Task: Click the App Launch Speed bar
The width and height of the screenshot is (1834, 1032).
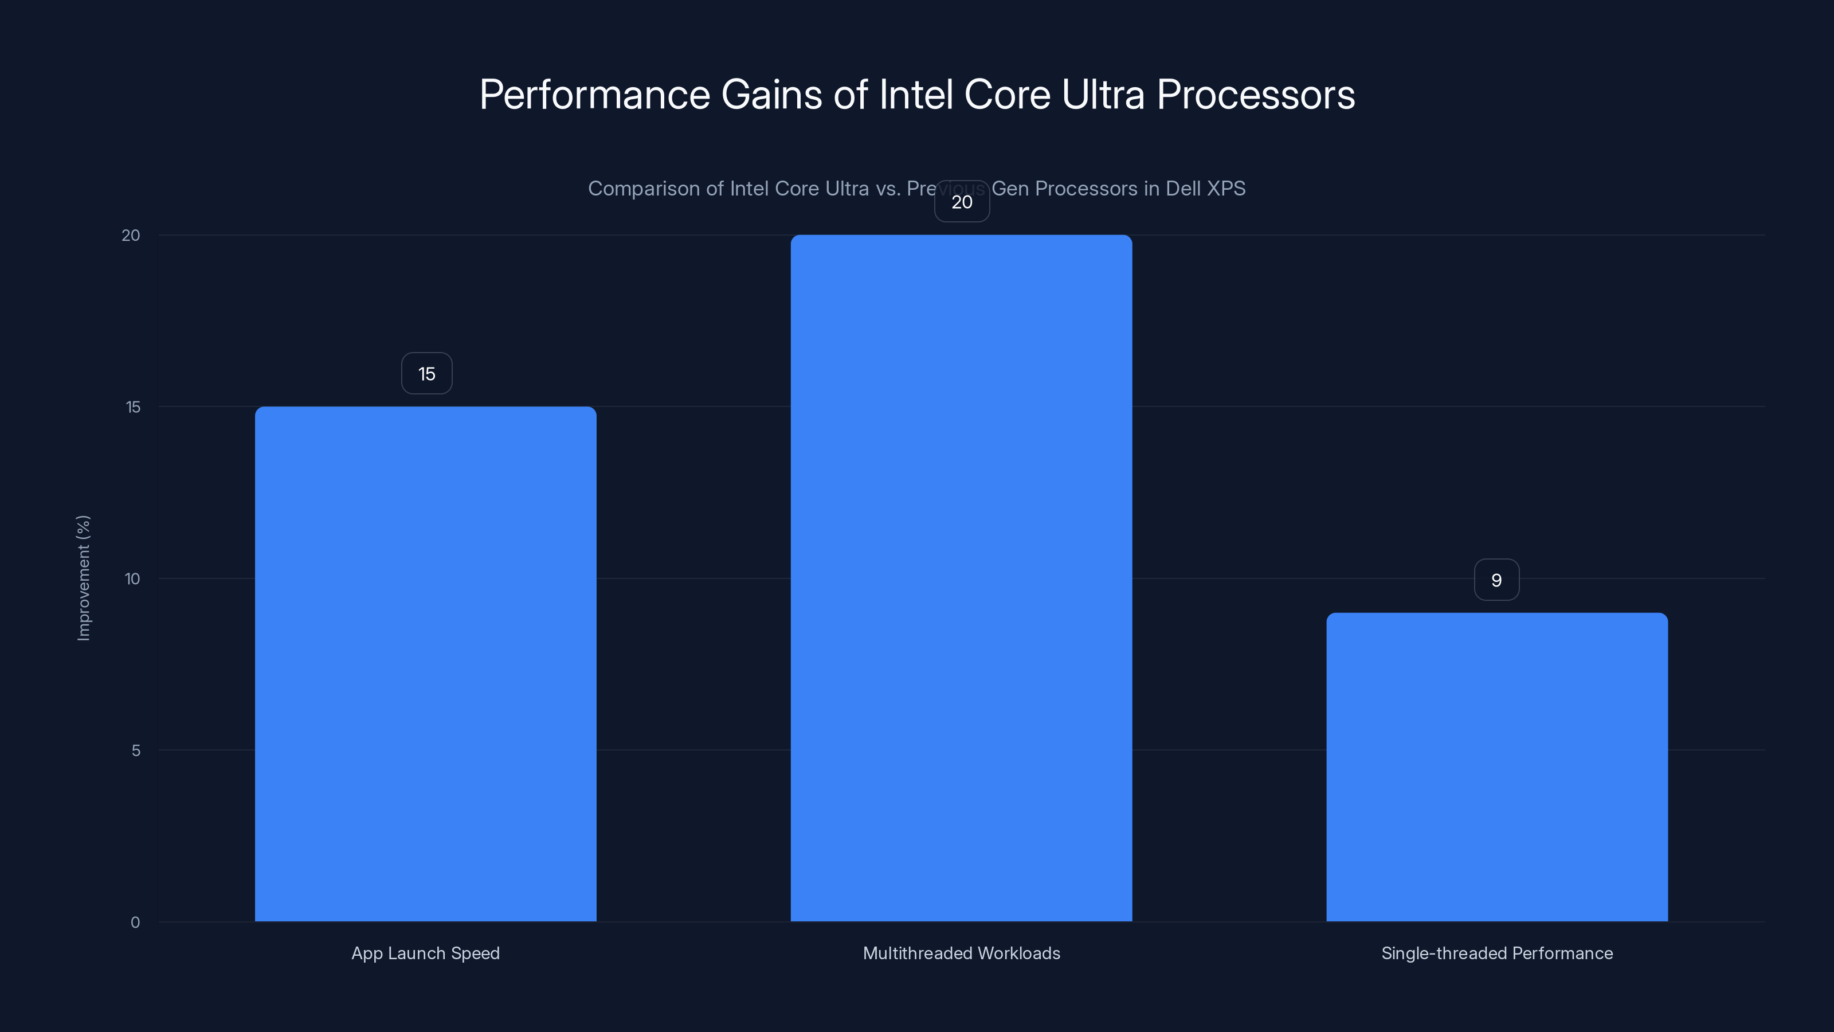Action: pos(426,664)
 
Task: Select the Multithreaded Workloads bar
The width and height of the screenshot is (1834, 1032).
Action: pos(961,577)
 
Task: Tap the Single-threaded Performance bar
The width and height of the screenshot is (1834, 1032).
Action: pos(1496,767)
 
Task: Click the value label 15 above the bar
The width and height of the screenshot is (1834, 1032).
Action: pos(426,374)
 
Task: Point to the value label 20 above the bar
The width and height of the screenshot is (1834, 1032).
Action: pos(962,202)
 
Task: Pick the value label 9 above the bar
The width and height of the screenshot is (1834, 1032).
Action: pos(1496,580)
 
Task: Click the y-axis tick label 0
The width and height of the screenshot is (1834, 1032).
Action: pos(135,922)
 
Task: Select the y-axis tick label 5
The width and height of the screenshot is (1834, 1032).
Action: pos(136,750)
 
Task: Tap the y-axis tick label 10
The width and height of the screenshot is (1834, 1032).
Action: pos(132,579)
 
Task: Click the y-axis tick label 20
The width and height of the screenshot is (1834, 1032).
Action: pos(131,236)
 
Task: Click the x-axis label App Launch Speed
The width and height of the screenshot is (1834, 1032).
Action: pos(426,953)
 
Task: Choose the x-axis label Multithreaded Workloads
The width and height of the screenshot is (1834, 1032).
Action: pos(961,953)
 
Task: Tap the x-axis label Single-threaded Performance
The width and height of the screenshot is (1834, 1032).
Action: pos(1496,953)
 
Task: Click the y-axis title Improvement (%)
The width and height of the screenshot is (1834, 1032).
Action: pos(84,577)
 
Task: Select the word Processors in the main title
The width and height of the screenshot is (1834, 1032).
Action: pos(1256,95)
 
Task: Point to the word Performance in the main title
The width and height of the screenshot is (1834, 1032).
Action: pos(594,95)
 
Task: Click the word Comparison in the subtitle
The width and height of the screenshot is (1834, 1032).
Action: pos(644,189)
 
